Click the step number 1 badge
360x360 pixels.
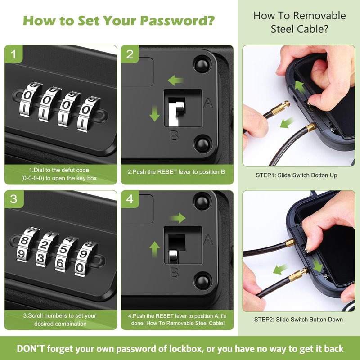click(13, 54)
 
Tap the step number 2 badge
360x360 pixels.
click(130, 54)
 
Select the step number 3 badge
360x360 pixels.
click(14, 199)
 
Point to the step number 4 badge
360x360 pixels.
click(130, 199)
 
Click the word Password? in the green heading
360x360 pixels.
click(177, 21)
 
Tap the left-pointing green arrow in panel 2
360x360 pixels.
click(176, 81)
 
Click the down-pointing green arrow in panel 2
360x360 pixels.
click(154, 113)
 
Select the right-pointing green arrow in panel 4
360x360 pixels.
click(178, 218)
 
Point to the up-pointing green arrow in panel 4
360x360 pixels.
click(154, 249)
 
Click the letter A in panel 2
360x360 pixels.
click(208, 103)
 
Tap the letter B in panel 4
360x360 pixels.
click(174, 273)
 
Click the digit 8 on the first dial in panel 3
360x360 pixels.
click(24, 241)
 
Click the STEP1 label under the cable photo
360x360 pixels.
click(265, 175)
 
